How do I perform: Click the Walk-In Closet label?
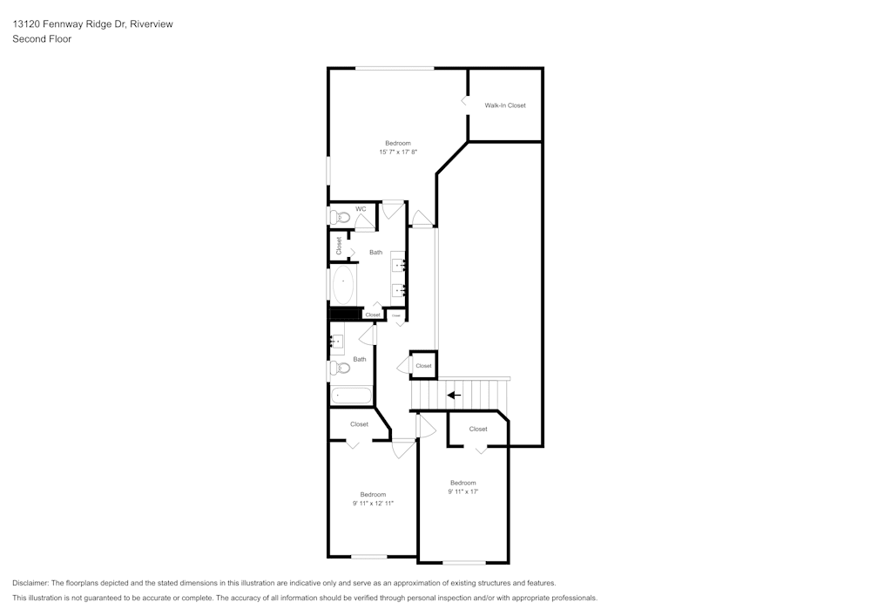tap(505, 105)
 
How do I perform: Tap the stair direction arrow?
tap(454, 395)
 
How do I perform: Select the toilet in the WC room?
tap(340, 216)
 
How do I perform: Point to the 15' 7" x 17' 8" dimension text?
tap(398, 152)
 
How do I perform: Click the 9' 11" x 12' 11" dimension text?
tap(373, 504)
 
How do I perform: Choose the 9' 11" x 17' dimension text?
tap(463, 491)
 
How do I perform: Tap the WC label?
tap(361, 209)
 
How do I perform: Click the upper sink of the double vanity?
tap(400, 264)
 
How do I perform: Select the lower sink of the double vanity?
tap(400, 289)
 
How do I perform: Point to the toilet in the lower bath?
tap(340, 368)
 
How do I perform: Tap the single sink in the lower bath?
tap(337, 340)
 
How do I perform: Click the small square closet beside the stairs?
tap(423, 365)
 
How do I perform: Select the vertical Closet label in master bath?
tap(339, 246)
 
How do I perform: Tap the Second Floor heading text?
tap(42, 39)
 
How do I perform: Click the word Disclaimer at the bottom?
tap(30, 583)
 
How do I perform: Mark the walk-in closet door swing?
tap(464, 102)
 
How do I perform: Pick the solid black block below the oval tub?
tap(344, 313)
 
